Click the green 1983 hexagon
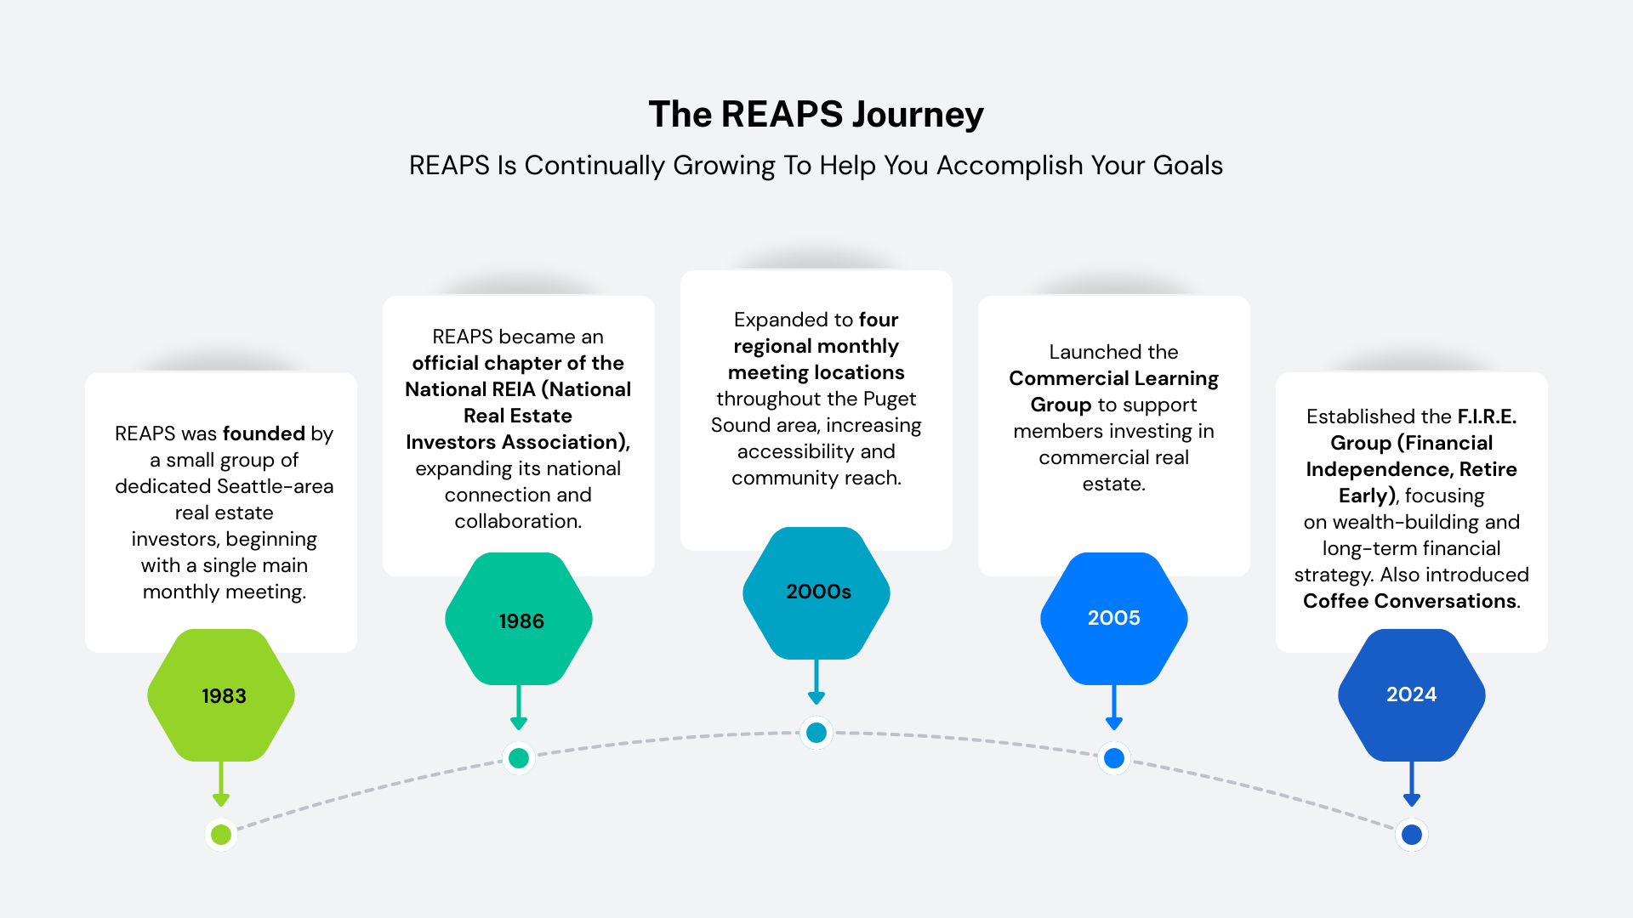pos(221,695)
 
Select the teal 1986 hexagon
pos(519,620)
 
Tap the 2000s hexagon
pos(816,592)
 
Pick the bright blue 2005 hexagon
pos(1114,618)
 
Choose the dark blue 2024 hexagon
pos(1412,694)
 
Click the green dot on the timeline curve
pos(221,835)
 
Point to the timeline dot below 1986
pos(519,757)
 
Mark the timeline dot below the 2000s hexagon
pos(816,732)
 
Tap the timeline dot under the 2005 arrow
pos(1114,757)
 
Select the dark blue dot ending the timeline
pos(1412,835)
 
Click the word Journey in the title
pos(918,115)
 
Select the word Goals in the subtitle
pos(1187,166)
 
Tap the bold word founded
pos(264,433)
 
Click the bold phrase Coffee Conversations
pos(1409,601)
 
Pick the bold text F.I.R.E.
pos(1487,416)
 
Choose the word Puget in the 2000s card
pos(890,399)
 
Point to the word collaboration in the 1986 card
pos(517,521)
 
